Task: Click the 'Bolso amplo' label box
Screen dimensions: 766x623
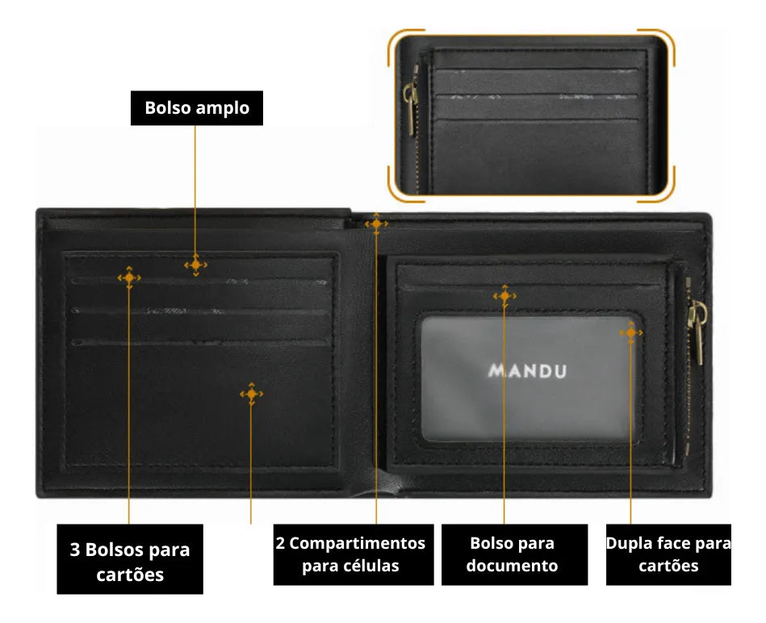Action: tap(197, 108)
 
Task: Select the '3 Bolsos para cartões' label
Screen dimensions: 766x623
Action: tap(130, 559)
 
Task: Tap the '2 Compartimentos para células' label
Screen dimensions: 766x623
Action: tap(354, 554)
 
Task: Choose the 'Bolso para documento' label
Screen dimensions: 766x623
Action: tap(514, 554)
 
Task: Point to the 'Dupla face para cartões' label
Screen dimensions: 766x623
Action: tap(668, 554)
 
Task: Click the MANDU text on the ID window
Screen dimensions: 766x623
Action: tap(528, 371)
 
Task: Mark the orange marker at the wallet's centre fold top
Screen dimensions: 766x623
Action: tap(376, 224)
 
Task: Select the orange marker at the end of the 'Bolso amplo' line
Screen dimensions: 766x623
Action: tap(195, 266)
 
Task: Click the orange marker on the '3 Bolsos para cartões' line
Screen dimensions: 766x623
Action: tap(129, 278)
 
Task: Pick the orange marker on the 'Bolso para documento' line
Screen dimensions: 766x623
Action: tap(504, 296)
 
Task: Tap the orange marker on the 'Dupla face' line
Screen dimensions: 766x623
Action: tap(631, 332)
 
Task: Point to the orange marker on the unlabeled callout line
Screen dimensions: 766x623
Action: tap(251, 394)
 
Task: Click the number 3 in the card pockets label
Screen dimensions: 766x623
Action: tap(75, 550)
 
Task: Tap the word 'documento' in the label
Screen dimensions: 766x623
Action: tap(512, 566)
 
